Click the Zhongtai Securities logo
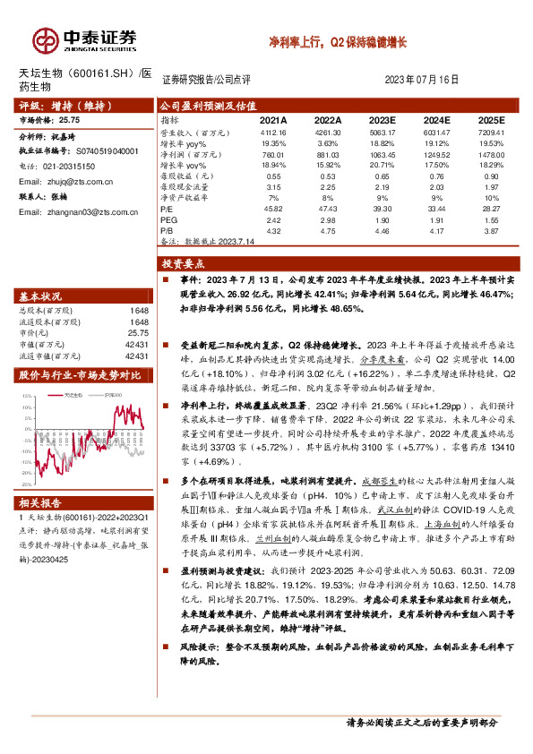(x=85, y=39)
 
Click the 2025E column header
(x=491, y=119)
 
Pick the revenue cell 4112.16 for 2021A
(x=272, y=132)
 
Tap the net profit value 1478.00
(x=491, y=154)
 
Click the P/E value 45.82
(x=272, y=209)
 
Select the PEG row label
(x=168, y=219)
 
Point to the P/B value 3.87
(x=491, y=231)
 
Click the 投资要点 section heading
(x=183, y=265)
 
